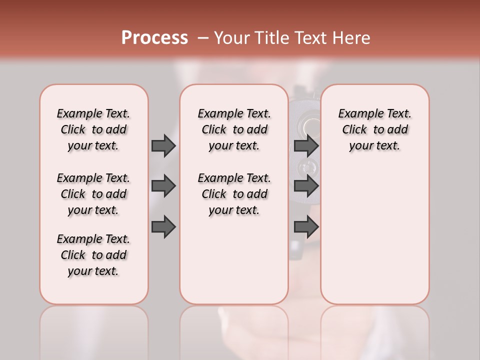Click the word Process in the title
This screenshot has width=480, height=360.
154,38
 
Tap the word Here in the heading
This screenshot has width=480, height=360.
351,38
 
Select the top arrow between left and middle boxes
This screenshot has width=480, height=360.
163,145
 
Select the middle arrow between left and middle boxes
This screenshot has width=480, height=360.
163,186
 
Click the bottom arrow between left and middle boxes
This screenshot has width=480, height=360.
163,226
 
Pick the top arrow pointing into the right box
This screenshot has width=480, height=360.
306,145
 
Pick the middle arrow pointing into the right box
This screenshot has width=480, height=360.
306,186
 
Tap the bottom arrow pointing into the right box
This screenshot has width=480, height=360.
306,226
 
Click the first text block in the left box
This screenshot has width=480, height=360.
93,129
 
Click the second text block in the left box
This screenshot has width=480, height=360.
93,194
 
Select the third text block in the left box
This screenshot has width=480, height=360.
93,255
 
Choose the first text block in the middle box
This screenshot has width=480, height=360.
234,129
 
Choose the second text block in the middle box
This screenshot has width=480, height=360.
234,194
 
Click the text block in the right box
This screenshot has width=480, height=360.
374,129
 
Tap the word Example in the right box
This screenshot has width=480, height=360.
356,114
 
